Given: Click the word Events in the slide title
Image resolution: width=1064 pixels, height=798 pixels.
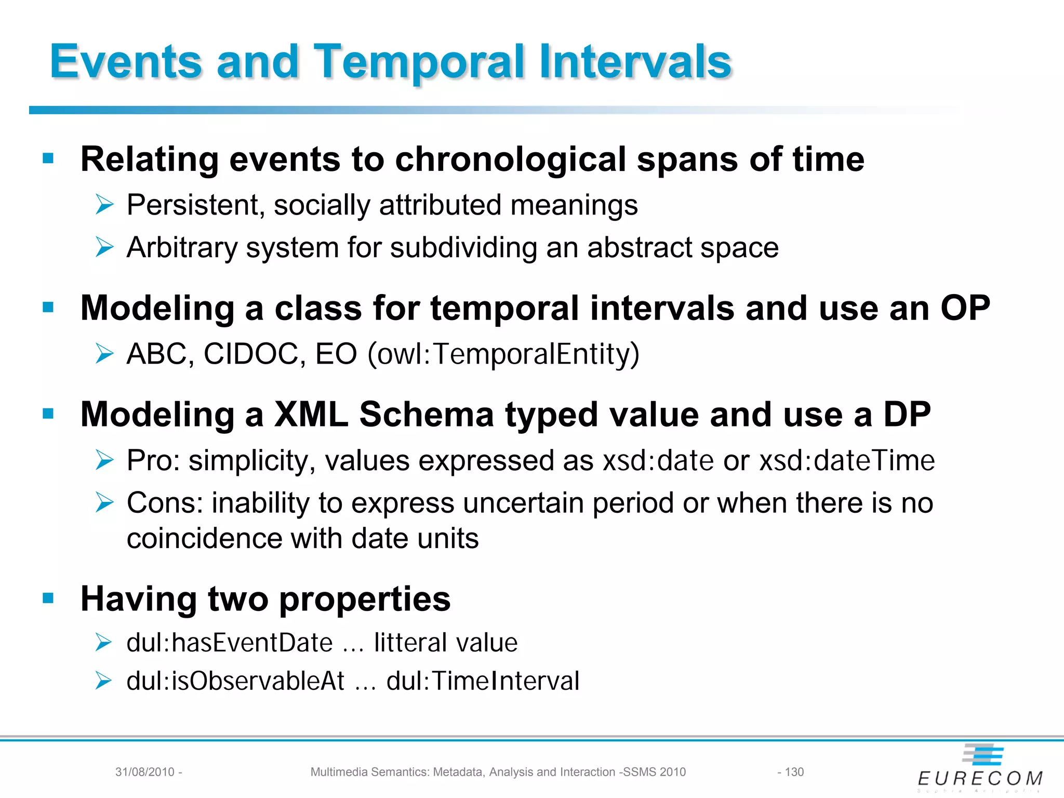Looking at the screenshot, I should pyautogui.click(x=125, y=62).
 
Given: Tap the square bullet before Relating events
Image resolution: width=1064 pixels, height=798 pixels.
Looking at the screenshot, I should pyautogui.click(x=48, y=158).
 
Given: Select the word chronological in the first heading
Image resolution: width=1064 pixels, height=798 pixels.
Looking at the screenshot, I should pyautogui.click(x=510, y=159).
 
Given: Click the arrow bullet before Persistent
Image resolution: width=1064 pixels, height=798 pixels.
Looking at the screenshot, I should pyautogui.click(x=104, y=205).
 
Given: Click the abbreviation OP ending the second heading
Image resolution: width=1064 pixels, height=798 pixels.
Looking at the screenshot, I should pyautogui.click(x=965, y=308).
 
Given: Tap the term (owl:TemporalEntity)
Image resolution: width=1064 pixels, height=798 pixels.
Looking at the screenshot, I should pyautogui.click(x=503, y=354).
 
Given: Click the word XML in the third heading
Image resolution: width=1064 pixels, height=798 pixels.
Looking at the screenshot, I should pyautogui.click(x=311, y=415).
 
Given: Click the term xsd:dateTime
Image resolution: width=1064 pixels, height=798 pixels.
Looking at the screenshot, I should pyautogui.click(x=846, y=461).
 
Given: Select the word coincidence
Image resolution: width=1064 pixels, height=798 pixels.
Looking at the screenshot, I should pyautogui.click(x=204, y=538).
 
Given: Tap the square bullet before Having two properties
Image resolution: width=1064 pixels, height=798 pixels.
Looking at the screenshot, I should pyautogui.click(x=48, y=598).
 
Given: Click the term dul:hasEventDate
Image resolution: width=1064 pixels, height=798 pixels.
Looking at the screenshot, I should pyautogui.click(x=229, y=643).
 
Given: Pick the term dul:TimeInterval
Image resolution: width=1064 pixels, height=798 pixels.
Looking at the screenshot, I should pyautogui.click(x=483, y=681).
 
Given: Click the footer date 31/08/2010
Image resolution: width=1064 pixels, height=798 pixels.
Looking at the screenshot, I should pyautogui.click(x=144, y=772).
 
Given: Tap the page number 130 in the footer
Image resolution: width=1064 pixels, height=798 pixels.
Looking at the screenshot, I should pyautogui.click(x=794, y=772).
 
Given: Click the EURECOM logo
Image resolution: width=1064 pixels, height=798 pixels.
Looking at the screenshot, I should pyautogui.click(x=980, y=769).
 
